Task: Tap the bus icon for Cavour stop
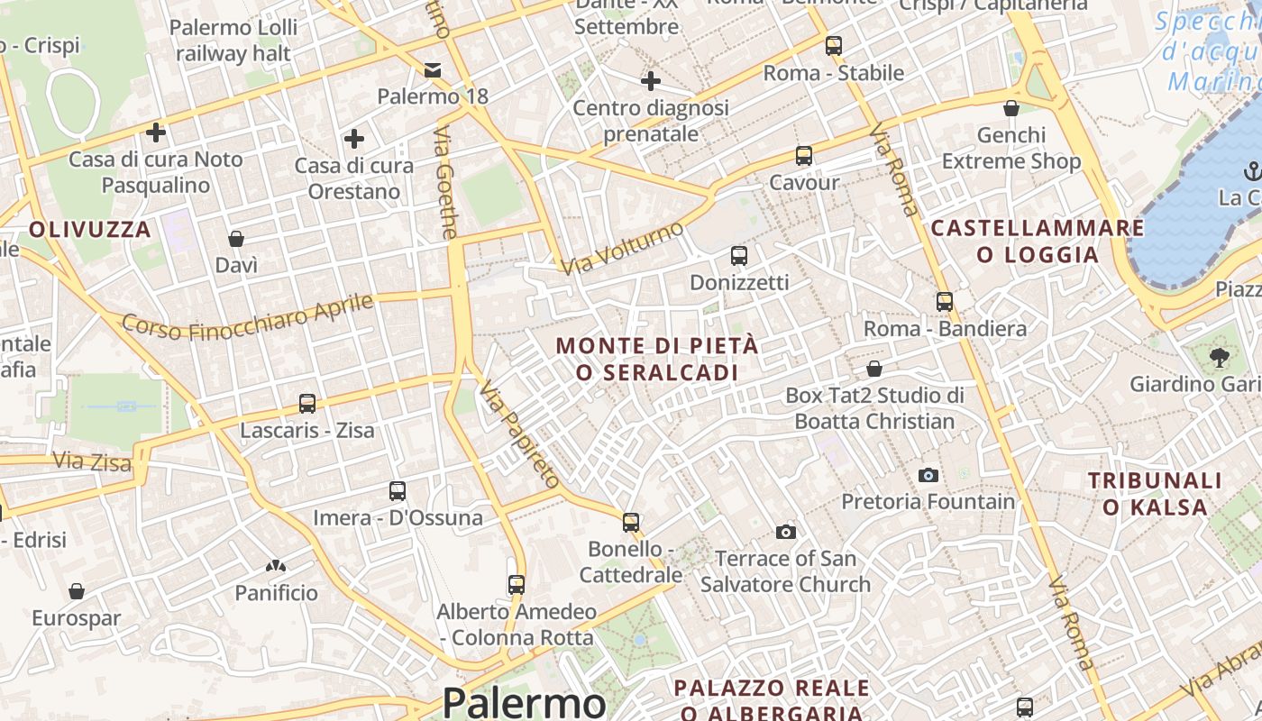point(804,156)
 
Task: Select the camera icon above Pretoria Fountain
point(928,475)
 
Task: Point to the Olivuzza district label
point(90,229)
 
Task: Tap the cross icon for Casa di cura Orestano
point(354,139)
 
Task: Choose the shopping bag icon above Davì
point(236,239)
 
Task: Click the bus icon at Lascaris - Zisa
point(307,404)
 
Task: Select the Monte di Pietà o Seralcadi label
point(657,359)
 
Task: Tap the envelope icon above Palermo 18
point(433,70)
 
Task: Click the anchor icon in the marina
point(1252,170)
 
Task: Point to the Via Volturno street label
point(623,249)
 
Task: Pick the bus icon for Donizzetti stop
point(739,256)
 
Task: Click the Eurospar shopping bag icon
point(77,591)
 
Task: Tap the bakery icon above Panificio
point(276,566)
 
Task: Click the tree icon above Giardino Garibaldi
point(1220,358)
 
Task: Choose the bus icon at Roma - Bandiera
point(945,302)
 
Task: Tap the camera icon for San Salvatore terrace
point(786,533)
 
